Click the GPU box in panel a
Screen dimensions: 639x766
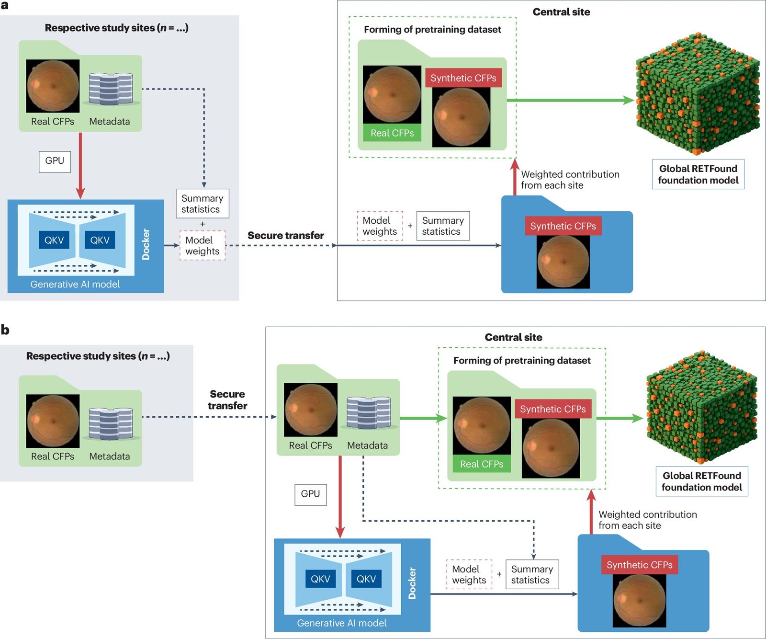pyautogui.click(x=55, y=161)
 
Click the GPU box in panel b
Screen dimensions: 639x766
pyautogui.click(x=310, y=494)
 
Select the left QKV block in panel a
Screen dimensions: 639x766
pyautogui.click(x=54, y=240)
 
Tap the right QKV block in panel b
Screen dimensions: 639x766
pyautogui.click(x=366, y=579)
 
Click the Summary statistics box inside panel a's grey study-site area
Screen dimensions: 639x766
pyautogui.click(x=202, y=204)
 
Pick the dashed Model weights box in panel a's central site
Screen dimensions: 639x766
pyautogui.click(x=380, y=226)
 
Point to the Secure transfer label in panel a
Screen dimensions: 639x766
pyautogui.click(x=285, y=235)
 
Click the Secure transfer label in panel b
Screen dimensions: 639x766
pyautogui.click(x=227, y=399)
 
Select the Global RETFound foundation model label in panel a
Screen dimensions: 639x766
pyautogui.click(x=698, y=174)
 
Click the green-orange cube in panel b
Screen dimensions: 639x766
pyautogui.click(x=701, y=407)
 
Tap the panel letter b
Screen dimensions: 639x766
pyautogui.click(x=5, y=330)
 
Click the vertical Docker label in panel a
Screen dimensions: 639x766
pyautogui.click(x=146, y=244)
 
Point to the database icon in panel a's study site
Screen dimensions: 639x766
pyautogui.click(x=111, y=89)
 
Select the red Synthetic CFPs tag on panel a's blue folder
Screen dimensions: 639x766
pyautogui.click(x=563, y=226)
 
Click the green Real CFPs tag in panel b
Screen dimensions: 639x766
pyautogui.click(x=481, y=464)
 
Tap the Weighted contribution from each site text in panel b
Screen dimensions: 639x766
pyautogui.click(x=647, y=520)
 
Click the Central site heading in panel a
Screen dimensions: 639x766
pyautogui.click(x=561, y=12)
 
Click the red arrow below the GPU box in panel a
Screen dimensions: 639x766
pyautogui.click(x=80, y=165)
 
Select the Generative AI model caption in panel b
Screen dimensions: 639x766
pyautogui.click(x=341, y=623)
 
